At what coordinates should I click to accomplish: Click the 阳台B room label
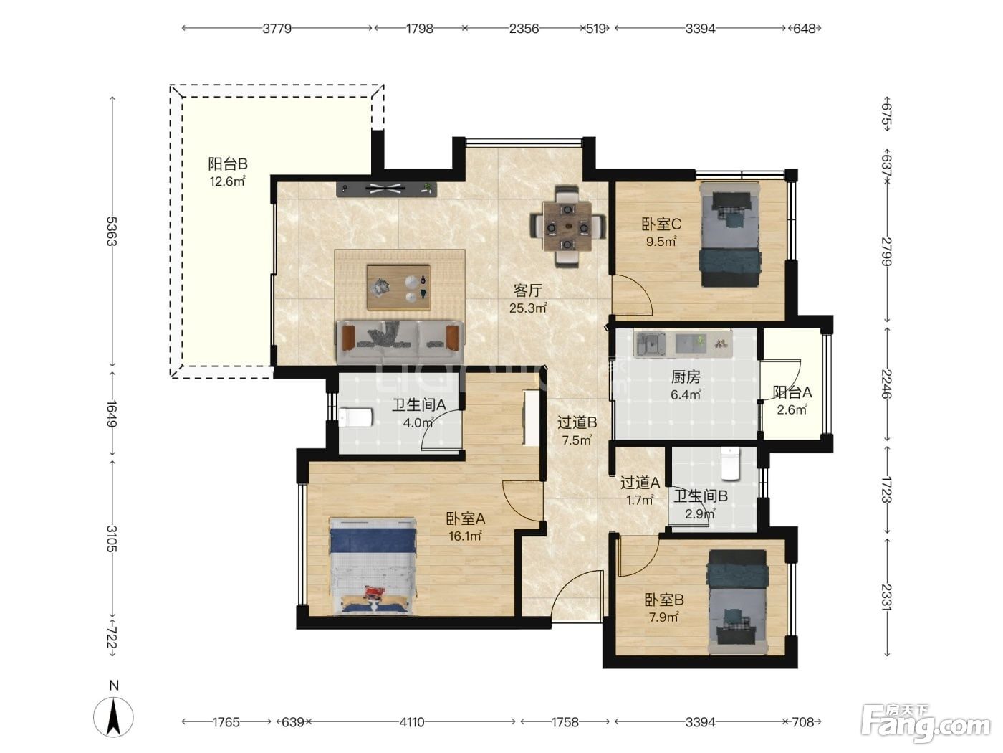[228, 164]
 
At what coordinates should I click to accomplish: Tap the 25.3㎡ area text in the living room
[528, 308]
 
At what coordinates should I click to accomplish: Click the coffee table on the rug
[398, 288]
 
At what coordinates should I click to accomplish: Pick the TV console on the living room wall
[387, 189]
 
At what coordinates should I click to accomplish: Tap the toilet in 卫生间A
[356, 417]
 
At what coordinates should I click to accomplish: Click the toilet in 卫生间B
[730, 463]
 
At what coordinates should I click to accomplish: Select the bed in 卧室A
[373, 565]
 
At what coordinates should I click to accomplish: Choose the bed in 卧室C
[731, 235]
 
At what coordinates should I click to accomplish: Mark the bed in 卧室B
[737, 602]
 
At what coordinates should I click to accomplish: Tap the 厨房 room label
[686, 376]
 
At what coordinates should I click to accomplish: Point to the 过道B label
[577, 422]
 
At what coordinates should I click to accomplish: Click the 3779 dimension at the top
[277, 29]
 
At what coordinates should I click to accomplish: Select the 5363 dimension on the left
[112, 231]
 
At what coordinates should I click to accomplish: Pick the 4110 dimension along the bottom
[412, 722]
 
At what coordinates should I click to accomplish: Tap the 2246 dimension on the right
[886, 384]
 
